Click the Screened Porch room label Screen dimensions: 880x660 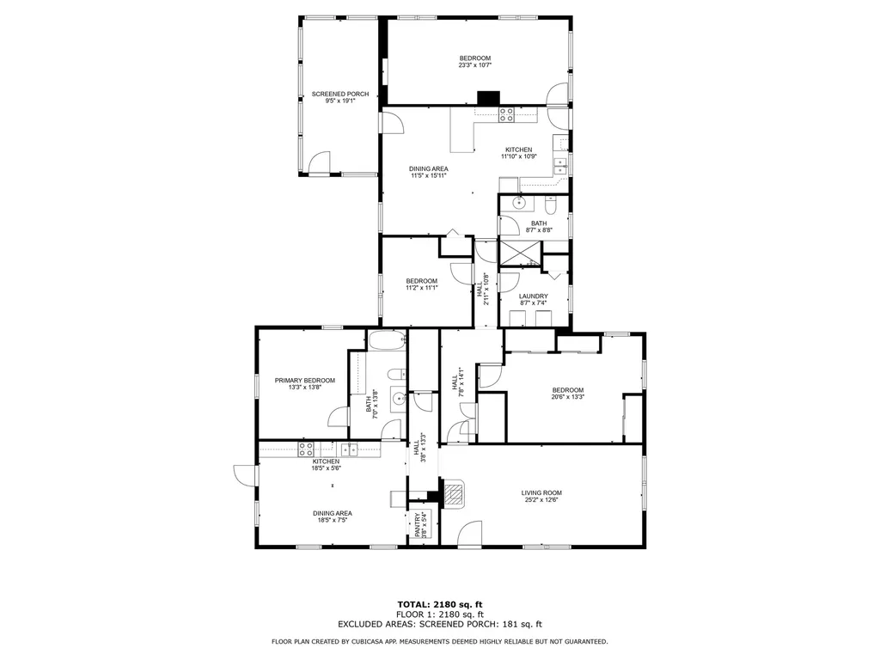(340, 94)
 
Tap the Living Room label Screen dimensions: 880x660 (541, 492)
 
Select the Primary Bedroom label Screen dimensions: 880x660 (305, 381)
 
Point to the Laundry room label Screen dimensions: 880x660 (533, 296)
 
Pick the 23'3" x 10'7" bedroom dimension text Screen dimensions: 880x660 (474, 65)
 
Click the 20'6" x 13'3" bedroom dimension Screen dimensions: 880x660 (567, 397)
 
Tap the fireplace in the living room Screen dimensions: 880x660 (454, 493)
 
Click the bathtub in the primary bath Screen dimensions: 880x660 (387, 340)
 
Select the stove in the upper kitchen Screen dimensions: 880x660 (506, 114)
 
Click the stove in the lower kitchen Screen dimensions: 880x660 (306, 449)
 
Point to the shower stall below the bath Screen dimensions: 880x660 (520, 254)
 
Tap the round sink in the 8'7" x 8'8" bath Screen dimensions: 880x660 (519, 203)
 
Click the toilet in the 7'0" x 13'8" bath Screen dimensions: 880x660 (397, 374)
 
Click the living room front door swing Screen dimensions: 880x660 (470, 533)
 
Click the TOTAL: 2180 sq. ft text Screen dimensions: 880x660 (440, 604)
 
